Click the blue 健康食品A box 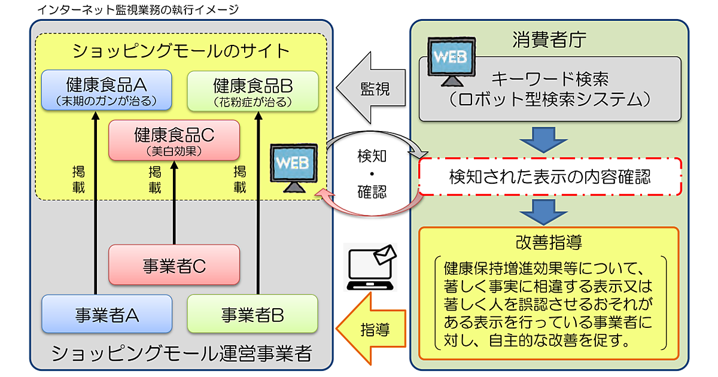coord(107,90)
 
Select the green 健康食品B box coord(252,91)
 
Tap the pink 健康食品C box coord(174,140)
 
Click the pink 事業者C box coord(174,265)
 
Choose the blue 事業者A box coord(107,314)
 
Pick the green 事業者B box coord(252,314)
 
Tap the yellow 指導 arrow coord(369,327)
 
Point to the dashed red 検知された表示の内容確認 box coord(549,177)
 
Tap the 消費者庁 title coord(549,40)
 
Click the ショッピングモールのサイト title coord(181,51)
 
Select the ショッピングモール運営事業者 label coord(181,353)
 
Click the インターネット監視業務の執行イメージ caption coord(138,10)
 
